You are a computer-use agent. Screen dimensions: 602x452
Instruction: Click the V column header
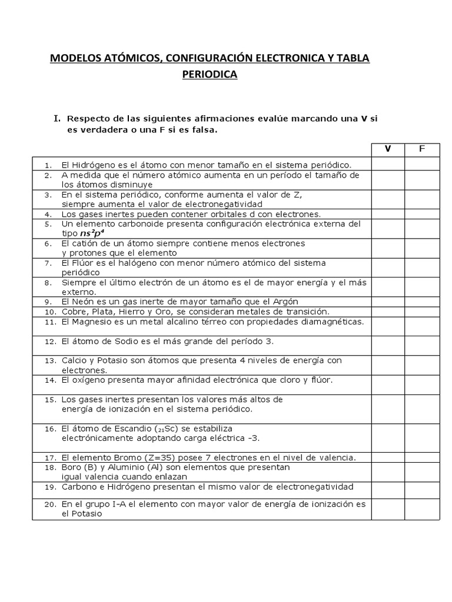click(387, 149)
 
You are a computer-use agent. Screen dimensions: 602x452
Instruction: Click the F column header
click(421, 149)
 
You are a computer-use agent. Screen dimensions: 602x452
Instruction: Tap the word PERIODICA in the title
click(210, 75)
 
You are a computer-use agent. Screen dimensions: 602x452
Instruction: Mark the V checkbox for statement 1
click(387, 165)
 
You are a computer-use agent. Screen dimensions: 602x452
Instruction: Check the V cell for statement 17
click(387, 457)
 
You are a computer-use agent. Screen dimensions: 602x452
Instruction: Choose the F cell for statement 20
click(421, 509)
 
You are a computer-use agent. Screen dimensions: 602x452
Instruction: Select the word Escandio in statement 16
click(128, 428)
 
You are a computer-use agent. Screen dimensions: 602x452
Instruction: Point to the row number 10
click(49, 312)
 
